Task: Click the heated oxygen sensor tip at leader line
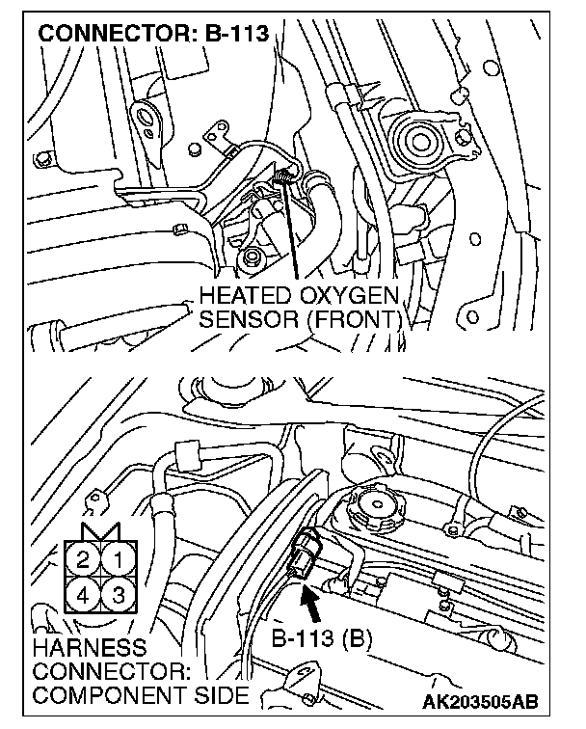click(x=284, y=176)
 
